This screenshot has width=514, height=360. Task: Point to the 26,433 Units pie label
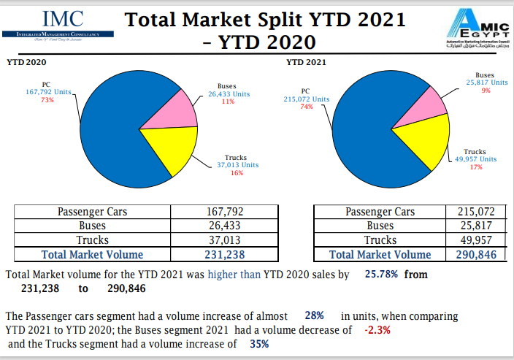point(229,93)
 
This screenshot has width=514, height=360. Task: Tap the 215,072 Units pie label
point(306,99)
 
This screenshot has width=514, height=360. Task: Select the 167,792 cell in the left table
point(224,212)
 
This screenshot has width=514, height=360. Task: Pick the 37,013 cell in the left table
point(224,240)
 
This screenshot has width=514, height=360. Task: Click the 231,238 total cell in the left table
point(224,254)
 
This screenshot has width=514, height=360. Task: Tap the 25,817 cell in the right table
point(475,226)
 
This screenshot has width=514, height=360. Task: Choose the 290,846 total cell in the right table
point(475,254)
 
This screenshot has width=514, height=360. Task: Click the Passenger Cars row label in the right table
point(379,212)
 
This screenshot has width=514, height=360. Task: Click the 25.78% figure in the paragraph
point(380,275)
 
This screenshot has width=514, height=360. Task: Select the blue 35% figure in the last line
point(259,344)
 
